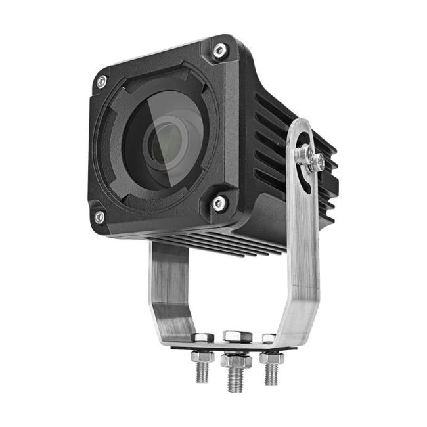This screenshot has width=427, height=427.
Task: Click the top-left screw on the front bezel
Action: tap(101, 81)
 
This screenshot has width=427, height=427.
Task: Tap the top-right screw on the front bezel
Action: tap(219, 50)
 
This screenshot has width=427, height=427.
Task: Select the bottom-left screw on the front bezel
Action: tap(99, 216)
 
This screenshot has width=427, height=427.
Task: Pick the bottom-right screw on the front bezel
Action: tap(219, 204)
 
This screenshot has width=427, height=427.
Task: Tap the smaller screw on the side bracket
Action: tap(317, 162)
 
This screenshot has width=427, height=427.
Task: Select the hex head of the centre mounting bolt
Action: tap(237, 336)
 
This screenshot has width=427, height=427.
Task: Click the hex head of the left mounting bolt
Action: tap(203, 337)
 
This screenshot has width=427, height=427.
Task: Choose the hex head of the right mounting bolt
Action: tap(268, 338)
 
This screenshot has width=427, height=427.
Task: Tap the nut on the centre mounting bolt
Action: tap(236, 360)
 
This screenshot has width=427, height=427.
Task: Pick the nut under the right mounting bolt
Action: tap(271, 358)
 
